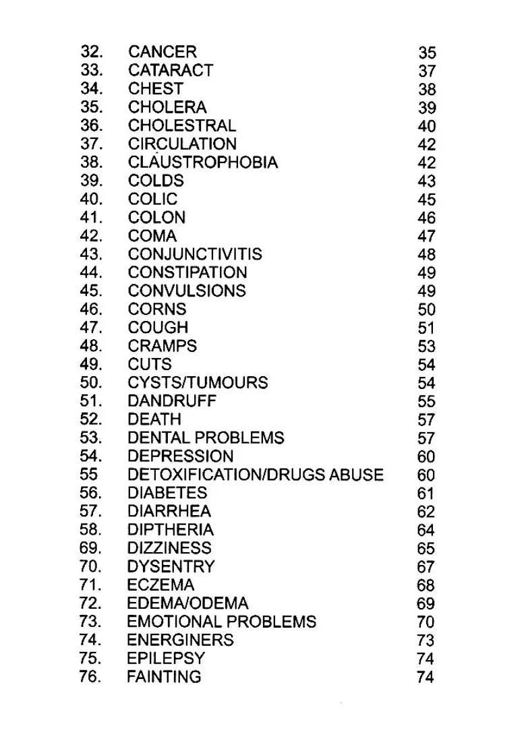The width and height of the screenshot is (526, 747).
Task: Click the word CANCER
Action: tap(162, 52)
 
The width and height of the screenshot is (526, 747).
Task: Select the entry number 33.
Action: tap(92, 70)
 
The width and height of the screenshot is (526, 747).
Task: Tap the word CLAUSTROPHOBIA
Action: tap(202, 162)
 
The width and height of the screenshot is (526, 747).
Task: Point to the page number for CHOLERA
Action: tap(427, 108)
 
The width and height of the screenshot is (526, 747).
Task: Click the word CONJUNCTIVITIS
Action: tap(195, 254)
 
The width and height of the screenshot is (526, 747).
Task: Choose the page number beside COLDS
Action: tap(427, 181)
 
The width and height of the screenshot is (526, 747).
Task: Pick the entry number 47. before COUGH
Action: tap(92, 328)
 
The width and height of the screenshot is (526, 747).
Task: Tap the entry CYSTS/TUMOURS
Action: tap(198, 383)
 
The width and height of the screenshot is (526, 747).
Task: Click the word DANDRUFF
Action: tap(172, 401)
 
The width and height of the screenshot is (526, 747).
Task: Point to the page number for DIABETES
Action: tap(426, 494)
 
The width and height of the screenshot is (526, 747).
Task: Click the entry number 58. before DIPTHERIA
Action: tap(91, 530)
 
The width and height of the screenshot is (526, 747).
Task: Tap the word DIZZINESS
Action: tap(169, 548)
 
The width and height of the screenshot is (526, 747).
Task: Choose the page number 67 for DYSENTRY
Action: tap(426, 567)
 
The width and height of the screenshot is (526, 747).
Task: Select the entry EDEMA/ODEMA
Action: tap(187, 603)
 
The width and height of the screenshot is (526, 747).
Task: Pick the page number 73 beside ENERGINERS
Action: tap(426, 640)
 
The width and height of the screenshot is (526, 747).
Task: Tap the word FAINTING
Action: tap(164, 676)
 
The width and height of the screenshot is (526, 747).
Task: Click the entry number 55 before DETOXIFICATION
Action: tap(89, 475)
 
